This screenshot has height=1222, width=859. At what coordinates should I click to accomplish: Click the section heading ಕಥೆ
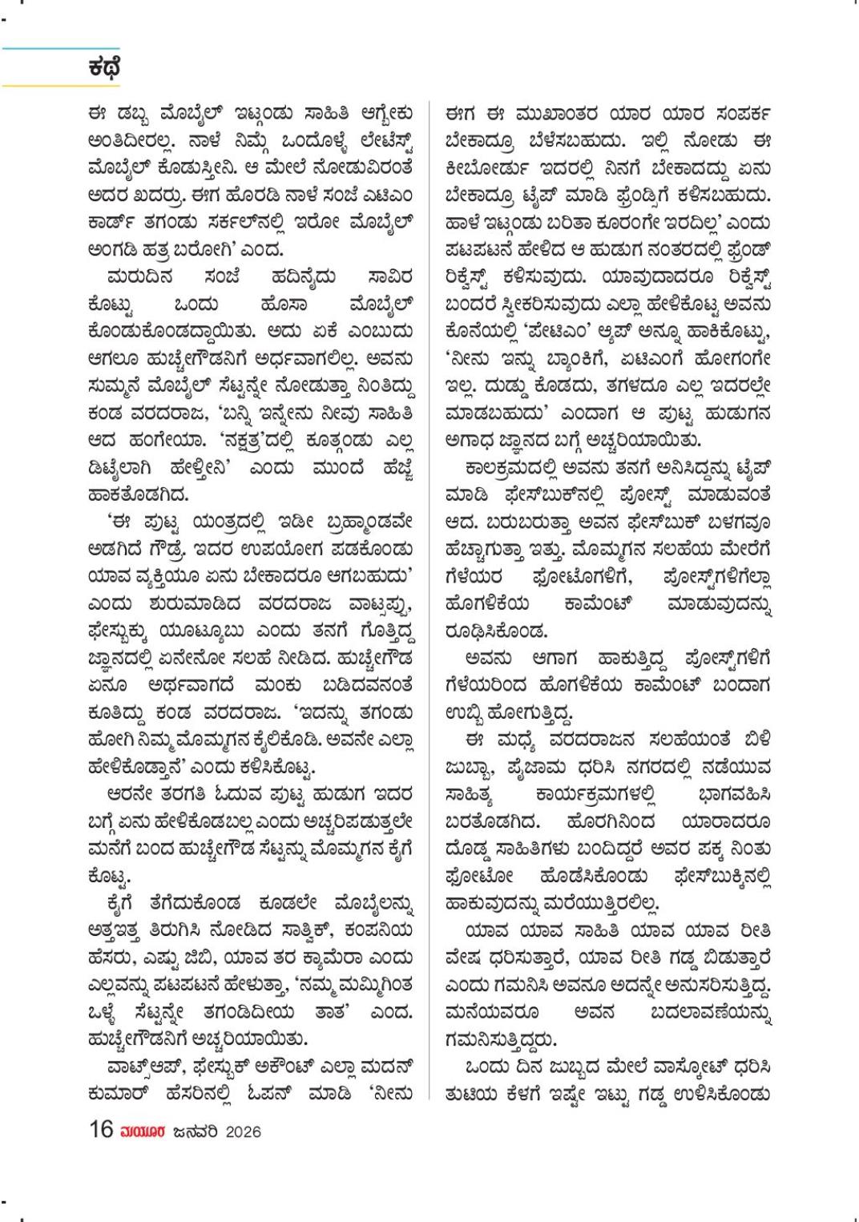coord(104,67)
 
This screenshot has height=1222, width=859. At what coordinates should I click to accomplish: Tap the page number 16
coord(101,1131)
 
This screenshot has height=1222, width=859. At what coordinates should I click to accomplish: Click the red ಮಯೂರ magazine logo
coord(141,1131)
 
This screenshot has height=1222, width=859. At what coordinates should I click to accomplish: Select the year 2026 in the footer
coord(242,1131)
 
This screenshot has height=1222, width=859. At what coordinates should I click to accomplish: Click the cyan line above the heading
coord(60,48)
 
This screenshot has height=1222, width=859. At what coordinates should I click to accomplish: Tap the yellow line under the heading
coord(60,85)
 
